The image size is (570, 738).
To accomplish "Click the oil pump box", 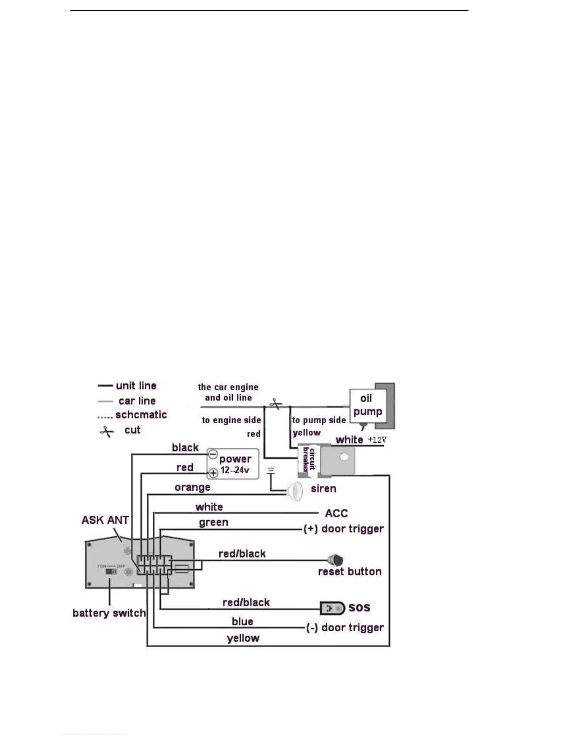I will pyautogui.click(x=367, y=405).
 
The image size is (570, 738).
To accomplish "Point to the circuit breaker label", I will pyautogui.click(x=309, y=459).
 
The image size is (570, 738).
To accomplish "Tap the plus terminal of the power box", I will pyautogui.click(x=213, y=473).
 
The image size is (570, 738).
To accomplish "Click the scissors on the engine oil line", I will pyautogui.click(x=276, y=403).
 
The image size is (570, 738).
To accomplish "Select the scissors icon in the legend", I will pyautogui.click(x=107, y=431).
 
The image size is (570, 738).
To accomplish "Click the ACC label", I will pyautogui.click(x=336, y=513).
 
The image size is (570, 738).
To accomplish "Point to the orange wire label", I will pyautogui.click(x=192, y=487).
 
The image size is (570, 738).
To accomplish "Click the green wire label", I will pyautogui.click(x=213, y=522).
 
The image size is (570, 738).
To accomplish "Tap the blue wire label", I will pyautogui.click(x=242, y=622).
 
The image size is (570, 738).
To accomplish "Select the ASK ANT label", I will pyautogui.click(x=105, y=520).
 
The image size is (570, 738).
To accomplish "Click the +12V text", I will pyautogui.click(x=377, y=439).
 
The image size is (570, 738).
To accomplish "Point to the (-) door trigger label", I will pyautogui.click(x=345, y=628).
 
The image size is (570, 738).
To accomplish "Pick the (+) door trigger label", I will pyautogui.click(x=343, y=529).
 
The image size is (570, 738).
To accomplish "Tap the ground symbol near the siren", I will pyautogui.click(x=271, y=471).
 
